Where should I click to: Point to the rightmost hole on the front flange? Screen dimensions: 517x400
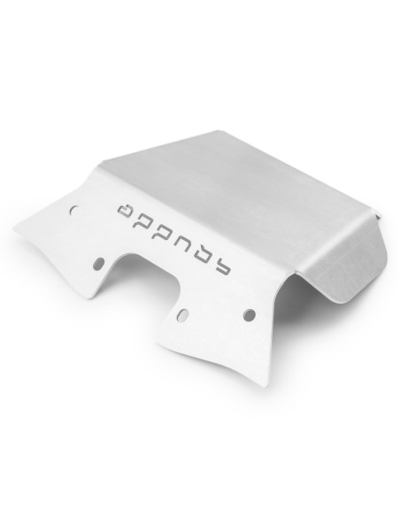click(x=250, y=314)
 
